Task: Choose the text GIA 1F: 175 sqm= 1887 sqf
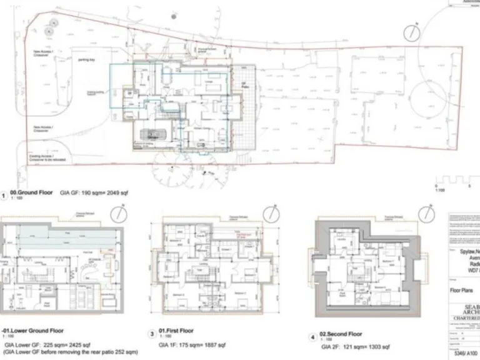(x=200, y=344)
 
